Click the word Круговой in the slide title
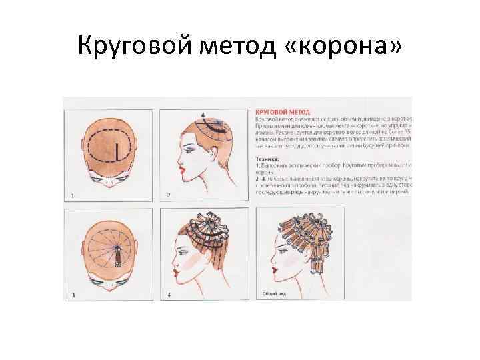click(134, 47)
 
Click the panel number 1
click(73, 195)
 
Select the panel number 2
click(169, 195)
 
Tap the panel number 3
click(73, 294)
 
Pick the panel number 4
click(169, 294)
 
